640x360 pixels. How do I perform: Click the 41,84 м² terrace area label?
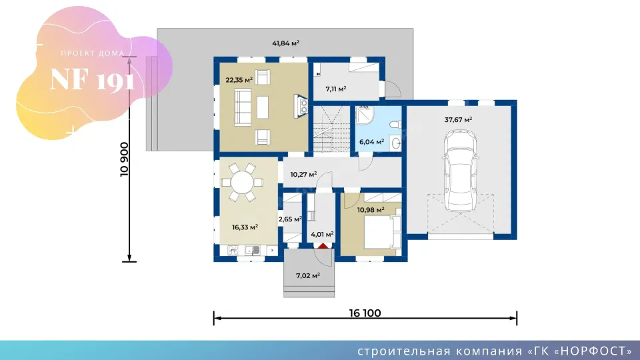tap(286, 43)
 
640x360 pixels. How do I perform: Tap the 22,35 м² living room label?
tap(239, 80)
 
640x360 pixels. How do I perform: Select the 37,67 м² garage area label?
tap(459, 119)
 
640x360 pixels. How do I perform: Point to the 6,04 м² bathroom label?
tap(371, 142)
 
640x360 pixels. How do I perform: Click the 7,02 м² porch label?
tap(308, 276)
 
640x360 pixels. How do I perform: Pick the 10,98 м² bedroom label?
tap(371, 210)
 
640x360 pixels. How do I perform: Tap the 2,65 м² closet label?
tap(290, 219)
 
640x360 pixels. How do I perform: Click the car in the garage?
tap(461, 171)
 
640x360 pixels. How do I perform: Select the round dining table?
tap(242, 183)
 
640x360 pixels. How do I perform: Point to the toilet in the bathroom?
tap(395, 125)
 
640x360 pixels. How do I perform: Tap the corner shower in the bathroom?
tap(364, 115)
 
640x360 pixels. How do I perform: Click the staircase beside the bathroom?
tap(331, 129)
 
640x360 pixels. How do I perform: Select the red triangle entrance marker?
tap(323, 246)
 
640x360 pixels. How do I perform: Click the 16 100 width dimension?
tap(365, 313)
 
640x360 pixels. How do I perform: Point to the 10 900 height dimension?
tap(125, 159)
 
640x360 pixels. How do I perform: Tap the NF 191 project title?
tap(92, 79)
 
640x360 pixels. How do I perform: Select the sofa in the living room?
tap(243, 107)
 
